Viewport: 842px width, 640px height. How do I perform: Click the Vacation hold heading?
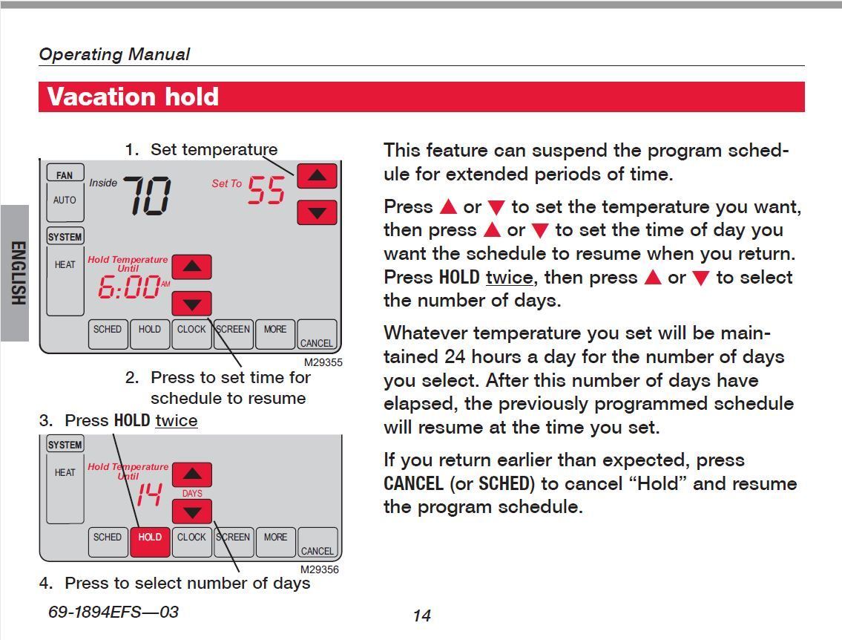coord(133,97)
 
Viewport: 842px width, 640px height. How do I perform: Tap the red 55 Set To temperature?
coord(266,190)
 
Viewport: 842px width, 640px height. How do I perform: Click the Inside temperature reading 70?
coord(146,196)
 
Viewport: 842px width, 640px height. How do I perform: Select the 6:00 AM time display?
coord(131,286)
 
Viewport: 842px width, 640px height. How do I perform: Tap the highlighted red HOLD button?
coord(150,541)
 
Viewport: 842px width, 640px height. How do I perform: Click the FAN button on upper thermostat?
coord(65,175)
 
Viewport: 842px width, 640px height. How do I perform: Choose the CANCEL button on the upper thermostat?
coord(317,336)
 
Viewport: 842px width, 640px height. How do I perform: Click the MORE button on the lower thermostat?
coord(275,541)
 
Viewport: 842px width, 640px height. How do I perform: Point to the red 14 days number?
coord(148,494)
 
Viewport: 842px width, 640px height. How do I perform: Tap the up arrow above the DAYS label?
coord(192,474)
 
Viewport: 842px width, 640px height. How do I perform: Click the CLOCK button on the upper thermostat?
coord(191,333)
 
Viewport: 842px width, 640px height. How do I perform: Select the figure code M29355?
coord(323,362)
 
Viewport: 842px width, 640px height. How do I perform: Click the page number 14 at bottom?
coord(421,615)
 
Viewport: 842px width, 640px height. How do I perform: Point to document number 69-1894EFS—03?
coord(114,612)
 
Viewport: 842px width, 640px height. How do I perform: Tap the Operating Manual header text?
coord(114,54)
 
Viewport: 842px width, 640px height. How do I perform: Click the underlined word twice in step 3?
coord(176,420)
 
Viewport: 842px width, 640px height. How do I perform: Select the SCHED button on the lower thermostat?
coord(108,541)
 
